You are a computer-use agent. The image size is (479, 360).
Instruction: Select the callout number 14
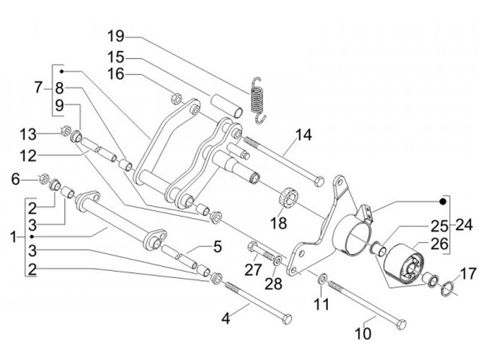[303, 134]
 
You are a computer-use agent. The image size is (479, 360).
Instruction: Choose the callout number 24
[465, 224]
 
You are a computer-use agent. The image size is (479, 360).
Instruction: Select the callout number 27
[253, 269]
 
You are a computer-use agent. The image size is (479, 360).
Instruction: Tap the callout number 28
[274, 284]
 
